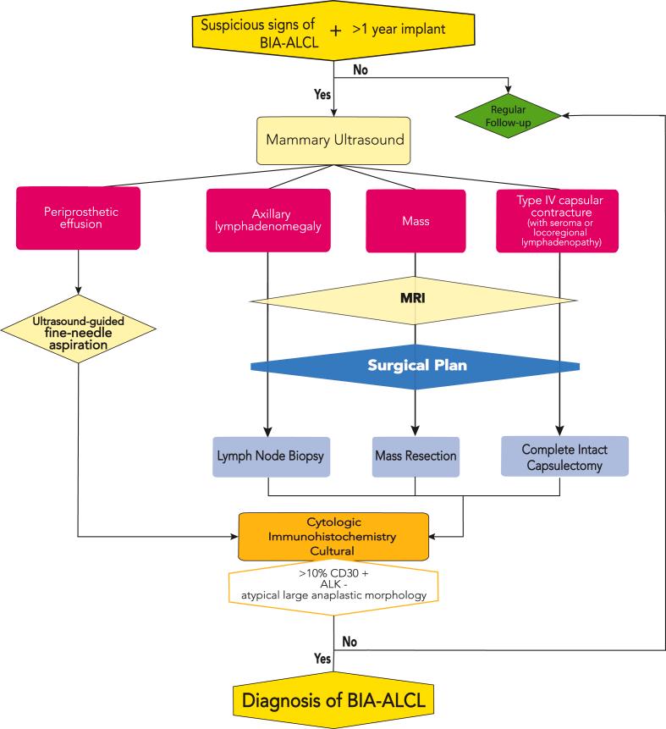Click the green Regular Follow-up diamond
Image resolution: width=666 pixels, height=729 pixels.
click(x=509, y=116)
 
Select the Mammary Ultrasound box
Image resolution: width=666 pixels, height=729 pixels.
click(x=335, y=139)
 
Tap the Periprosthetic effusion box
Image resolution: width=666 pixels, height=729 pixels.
click(x=77, y=218)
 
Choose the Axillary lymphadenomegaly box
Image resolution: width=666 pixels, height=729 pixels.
click(x=267, y=220)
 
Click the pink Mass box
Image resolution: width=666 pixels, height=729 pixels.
click(x=415, y=220)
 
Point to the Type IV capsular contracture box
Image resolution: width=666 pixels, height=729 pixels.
click(x=557, y=220)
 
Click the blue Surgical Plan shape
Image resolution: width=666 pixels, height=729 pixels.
click(x=415, y=367)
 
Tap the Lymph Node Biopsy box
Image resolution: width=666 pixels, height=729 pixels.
click(x=267, y=456)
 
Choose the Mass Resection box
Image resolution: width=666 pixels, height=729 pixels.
click(x=415, y=456)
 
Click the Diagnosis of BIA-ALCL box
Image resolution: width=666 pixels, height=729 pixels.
click(x=335, y=700)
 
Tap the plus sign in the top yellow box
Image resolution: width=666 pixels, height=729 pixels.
click(x=335, y=29)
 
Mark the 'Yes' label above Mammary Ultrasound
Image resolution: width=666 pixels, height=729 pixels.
click(x=323, y=96)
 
